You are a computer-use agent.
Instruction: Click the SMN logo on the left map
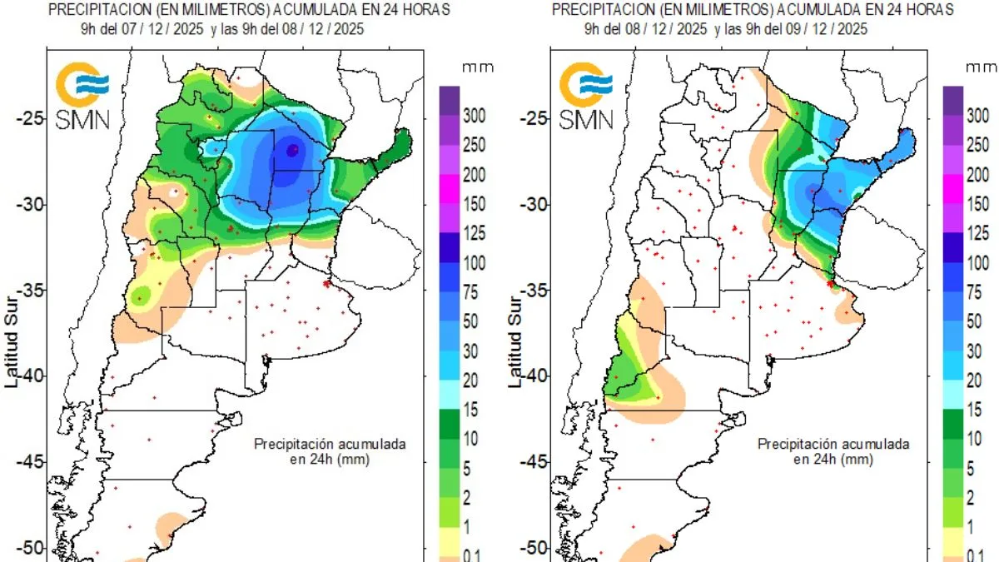tap(81, 96)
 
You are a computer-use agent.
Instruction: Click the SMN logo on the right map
tap(585, 96)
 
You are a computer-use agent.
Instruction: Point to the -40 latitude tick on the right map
tap(535, 375)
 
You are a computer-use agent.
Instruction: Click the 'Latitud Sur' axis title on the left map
tap(12, 341)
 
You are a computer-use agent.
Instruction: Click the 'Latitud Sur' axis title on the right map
tap(516, 341)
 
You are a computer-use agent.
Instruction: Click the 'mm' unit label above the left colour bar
tap(473, 66)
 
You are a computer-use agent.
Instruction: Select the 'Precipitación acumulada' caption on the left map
tap(330, 445)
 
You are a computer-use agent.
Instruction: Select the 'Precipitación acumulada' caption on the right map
tap(833, 445)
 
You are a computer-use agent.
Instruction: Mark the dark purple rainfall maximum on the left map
tap(292, 150)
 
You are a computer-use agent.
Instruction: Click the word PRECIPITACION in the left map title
tap(92, 9)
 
